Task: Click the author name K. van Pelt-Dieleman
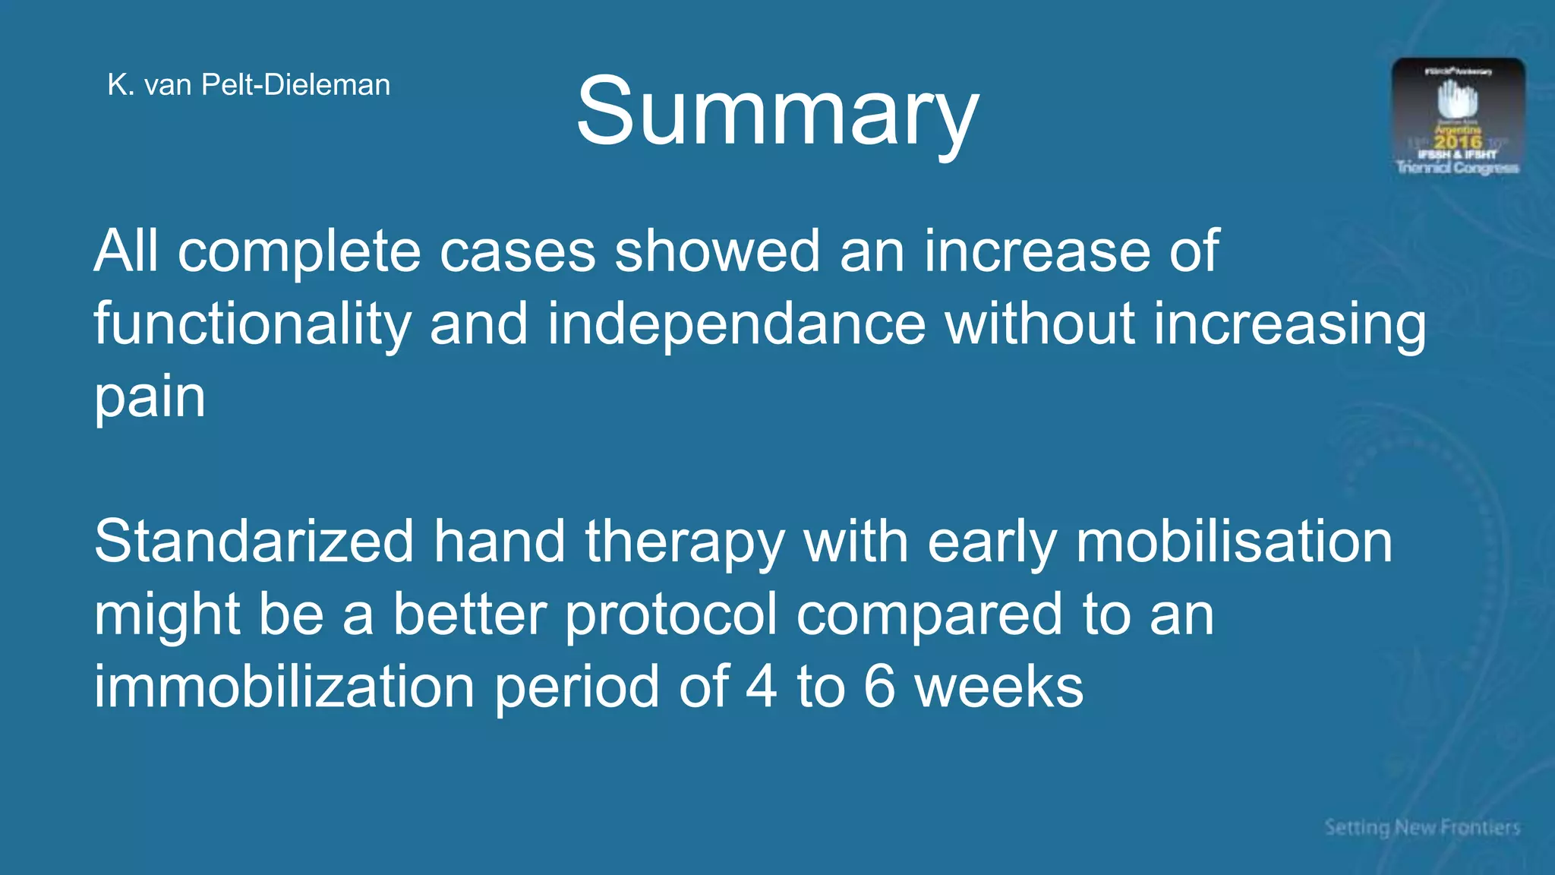(248, 85)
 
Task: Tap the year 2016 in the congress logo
(1458, 141)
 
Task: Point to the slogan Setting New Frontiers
(1422, 827)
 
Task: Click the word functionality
(252, 325)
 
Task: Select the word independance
(736, 324)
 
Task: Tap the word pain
(150, 398)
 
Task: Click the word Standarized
(254, 542)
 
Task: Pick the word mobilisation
(1234, 542)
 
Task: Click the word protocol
(671, 615)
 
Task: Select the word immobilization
(284, 687)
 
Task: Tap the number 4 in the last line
(762, 687)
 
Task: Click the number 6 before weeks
(879, 687)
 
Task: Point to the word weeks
(998, 687)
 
